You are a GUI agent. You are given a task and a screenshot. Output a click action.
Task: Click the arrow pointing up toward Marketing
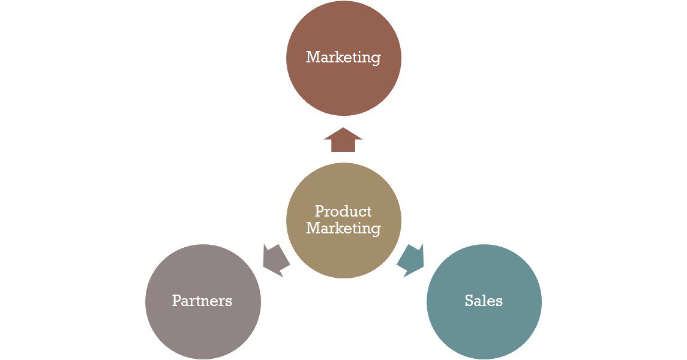[343, 140]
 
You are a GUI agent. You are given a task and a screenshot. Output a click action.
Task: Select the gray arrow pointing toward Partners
[275, 260]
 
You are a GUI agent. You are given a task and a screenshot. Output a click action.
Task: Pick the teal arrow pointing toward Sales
[412, 260]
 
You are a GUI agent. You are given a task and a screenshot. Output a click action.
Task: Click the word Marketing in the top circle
[343, 58]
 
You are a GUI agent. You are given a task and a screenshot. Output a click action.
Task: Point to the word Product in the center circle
[343, 211]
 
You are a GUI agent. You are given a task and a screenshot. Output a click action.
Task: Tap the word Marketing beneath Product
[343, 229]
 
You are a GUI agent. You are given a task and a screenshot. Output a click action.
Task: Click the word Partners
[202, 301]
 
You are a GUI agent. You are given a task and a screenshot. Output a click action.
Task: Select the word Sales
[484, 301]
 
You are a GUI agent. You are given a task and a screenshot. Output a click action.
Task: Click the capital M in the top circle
[313, 57]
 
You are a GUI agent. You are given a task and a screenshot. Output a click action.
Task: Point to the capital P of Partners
[176, 301]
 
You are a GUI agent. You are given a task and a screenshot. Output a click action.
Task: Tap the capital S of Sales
[469, 301]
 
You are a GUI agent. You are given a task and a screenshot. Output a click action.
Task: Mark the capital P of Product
[319, 211]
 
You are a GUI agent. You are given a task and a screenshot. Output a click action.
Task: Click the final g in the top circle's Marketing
[376, 59]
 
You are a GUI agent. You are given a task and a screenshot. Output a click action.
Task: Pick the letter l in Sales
[485, 300]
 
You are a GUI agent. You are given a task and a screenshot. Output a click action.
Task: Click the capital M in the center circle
[313, 228]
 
